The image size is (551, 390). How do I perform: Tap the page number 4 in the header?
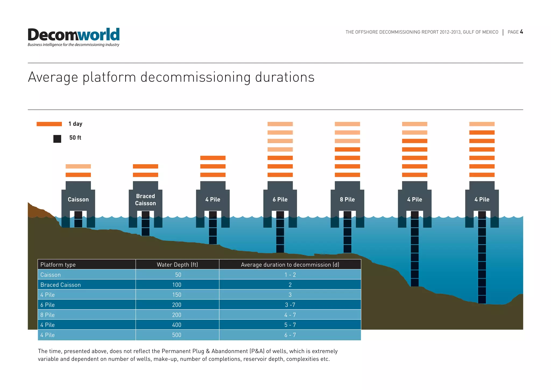521,32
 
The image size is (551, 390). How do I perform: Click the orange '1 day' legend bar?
49,124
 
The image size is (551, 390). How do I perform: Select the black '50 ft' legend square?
57,139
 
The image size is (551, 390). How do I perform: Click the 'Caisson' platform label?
78,200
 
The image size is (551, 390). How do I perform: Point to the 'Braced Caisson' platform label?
145,200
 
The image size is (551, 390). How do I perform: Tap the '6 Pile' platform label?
280,200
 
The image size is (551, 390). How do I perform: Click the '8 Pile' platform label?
347,200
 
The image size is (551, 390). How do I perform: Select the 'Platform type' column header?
58,264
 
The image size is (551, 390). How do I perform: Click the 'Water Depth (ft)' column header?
177,264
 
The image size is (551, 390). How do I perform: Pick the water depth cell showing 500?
177,335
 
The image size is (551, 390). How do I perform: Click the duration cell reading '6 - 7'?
290,335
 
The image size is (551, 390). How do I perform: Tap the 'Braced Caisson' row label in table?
61,285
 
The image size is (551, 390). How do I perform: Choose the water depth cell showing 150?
177,295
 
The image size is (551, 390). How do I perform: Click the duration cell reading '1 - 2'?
290,275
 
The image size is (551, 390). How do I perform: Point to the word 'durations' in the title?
284,77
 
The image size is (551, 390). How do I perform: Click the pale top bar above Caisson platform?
78,166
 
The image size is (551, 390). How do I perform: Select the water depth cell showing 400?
177,325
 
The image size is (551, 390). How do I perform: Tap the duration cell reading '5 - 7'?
290,325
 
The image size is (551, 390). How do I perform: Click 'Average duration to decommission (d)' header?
290,264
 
